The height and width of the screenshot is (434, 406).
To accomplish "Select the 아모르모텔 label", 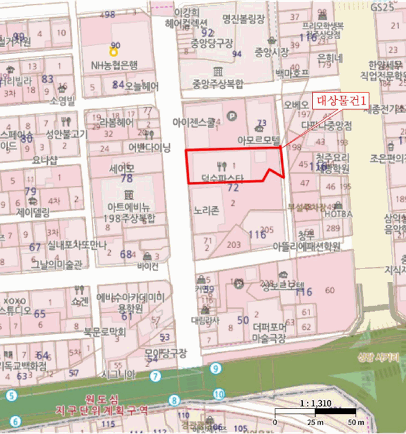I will [259, 139].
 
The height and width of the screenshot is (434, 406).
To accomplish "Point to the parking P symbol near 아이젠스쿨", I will [232, 115].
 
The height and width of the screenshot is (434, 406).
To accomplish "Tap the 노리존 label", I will [206, 211].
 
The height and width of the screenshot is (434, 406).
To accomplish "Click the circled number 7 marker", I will [155, 375].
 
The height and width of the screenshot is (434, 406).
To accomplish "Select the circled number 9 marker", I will [215, 369].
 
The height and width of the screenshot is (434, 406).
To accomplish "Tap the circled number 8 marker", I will [175, 400].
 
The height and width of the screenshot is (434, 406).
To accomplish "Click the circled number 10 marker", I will [218, 394].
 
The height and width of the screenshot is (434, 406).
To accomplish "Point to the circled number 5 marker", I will [11, 395].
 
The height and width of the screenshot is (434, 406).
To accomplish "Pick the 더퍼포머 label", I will [269, 327].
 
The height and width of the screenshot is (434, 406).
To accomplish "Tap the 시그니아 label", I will [118, 374].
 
